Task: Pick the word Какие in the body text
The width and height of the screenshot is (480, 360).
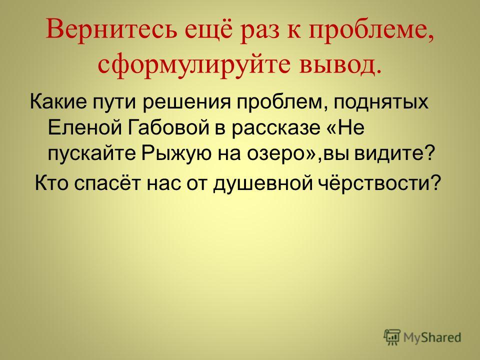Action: pyautogui.click(x=58, y=101)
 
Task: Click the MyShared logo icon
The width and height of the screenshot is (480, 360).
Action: pyautogui.click(x=391, y=337)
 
